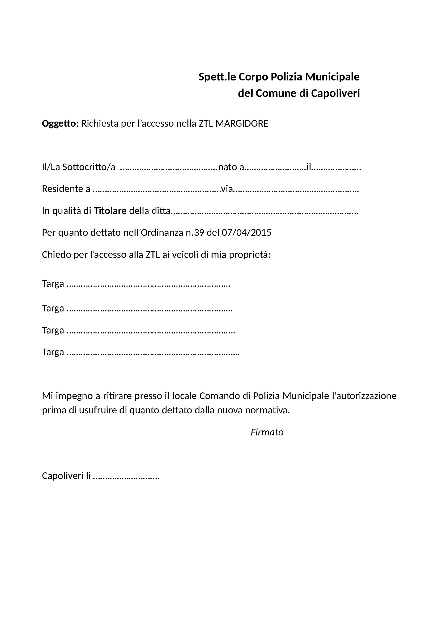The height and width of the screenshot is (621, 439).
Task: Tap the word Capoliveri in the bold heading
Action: pos(335,93)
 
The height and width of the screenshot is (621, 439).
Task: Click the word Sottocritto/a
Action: pos(89,168)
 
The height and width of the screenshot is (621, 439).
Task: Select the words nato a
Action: pos(231,168)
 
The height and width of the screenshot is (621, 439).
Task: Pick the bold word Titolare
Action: pos(110,211)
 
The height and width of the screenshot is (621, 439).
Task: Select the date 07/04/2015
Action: pos(246,233)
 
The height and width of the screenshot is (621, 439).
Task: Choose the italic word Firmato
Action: pos(267,432)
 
